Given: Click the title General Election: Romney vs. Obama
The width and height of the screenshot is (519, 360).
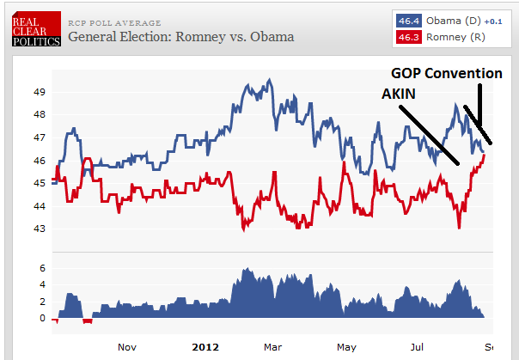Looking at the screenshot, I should coord(180,37).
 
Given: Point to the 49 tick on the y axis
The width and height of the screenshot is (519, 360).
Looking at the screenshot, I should coord(40,92).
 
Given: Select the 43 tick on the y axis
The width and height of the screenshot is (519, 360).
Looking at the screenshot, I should coord(40,229).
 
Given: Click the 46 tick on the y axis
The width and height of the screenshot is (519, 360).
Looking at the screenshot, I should coord(40,161).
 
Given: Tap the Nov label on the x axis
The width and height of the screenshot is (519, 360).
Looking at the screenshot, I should coord(127,347).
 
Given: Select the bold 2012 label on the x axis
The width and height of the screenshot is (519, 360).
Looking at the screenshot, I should coord(205,347).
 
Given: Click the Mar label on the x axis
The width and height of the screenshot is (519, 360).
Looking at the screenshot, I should coord(273,347).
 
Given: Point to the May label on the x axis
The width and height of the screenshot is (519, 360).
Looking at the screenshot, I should coord(346,347).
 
